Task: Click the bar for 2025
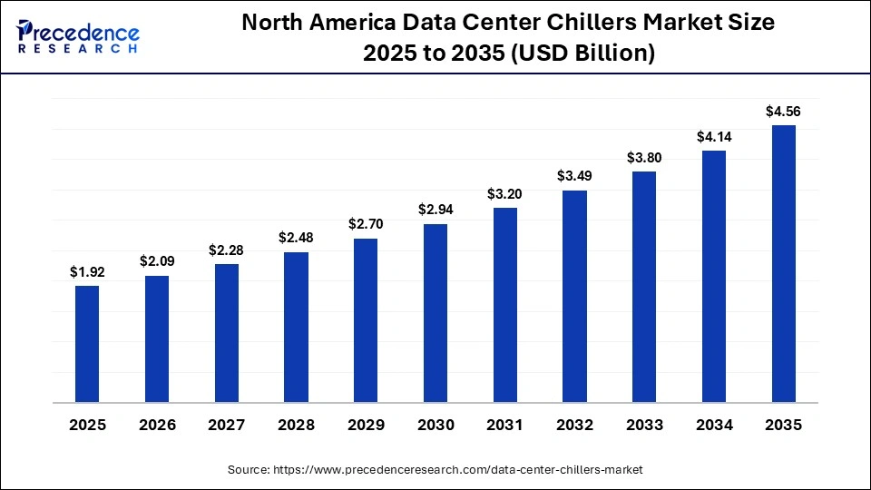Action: pyautogui.click(x=87, y=344)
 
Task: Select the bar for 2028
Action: pyautogui.click(x=296, y=327)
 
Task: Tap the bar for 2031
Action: pyautogui.click(x=504, y=305)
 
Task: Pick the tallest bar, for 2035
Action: pyautogui.click(x=783, y=263)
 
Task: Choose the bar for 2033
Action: pyautogui.click(x=644, y=287)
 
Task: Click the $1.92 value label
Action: pyautogui.click(x=87, y=271)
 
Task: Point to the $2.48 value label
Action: pyautogui.click(x=296, y=238)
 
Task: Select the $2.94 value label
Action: pyautogui.click(x=435, y=210)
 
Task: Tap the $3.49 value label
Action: pyautogui.click(x=574, y=176)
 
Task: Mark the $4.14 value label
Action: pyautogui.click(x=714, y=137)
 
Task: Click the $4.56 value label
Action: pyautogui.click(x=783, y=112)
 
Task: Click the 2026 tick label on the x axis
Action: pyautogui.click(x=157, y=424)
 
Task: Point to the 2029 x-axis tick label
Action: pyautogui.click(x=366, y=424)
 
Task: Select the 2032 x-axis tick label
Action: pyautogui.click(x=574, y=424)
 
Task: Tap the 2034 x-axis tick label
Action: pyautogui.click(x=714, y=424)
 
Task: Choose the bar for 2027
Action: pyautogui.click(x=227, y=333)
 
